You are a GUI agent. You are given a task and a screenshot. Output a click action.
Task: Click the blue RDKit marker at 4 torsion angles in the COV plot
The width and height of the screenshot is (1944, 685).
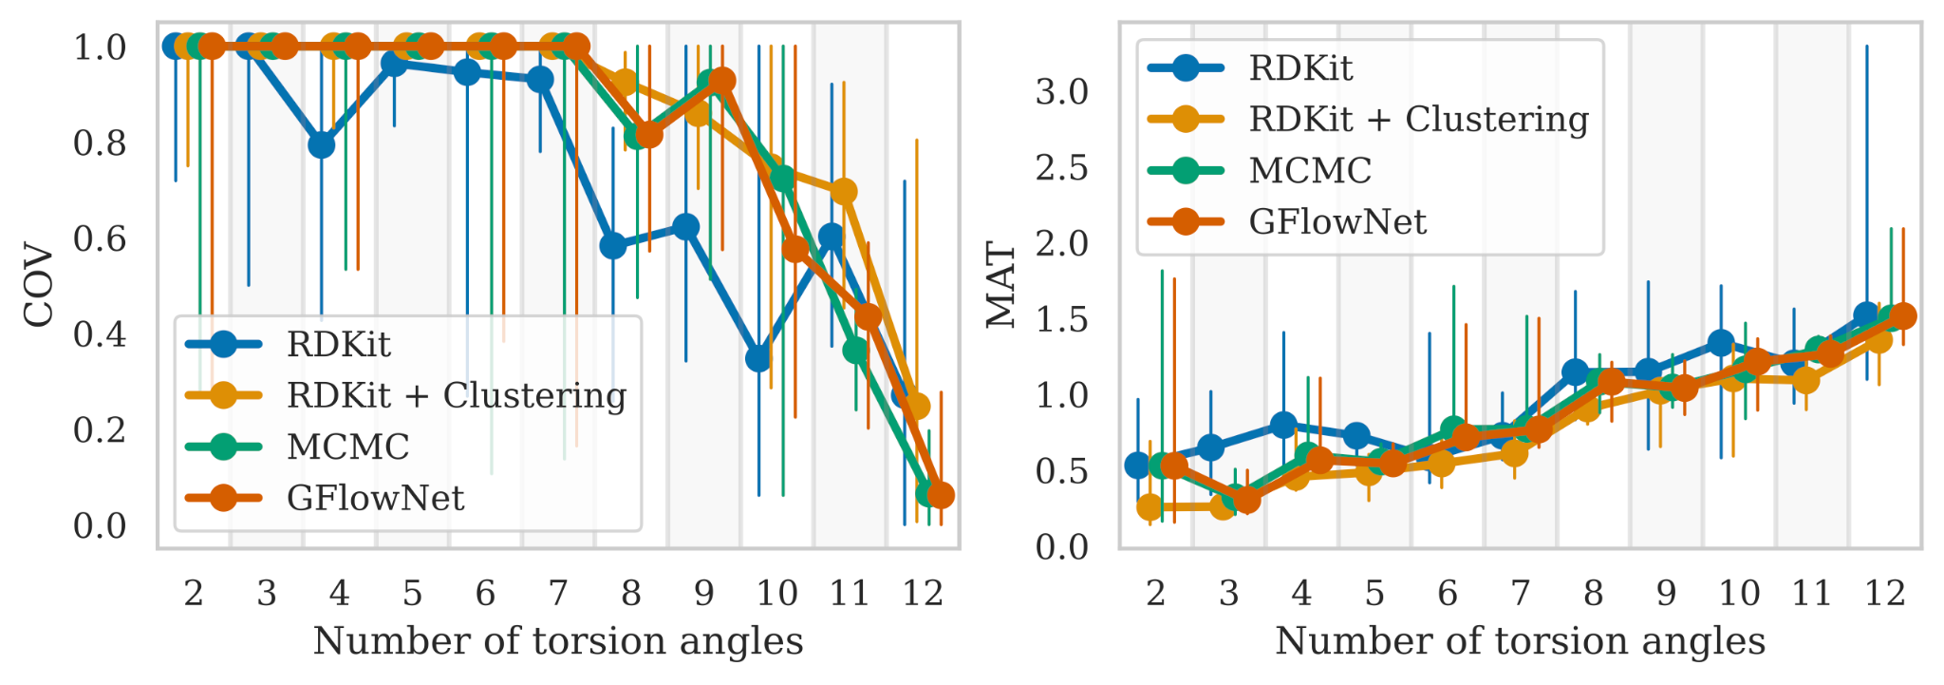click(x=321, y=145)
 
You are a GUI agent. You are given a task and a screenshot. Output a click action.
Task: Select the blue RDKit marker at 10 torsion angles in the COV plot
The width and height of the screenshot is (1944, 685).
click(x=757, y=358)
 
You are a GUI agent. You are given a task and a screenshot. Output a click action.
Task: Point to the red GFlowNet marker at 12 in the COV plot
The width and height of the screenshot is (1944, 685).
click(x=940, y=495)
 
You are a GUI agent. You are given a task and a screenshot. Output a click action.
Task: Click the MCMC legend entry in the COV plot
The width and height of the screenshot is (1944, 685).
click(x=347, y=447)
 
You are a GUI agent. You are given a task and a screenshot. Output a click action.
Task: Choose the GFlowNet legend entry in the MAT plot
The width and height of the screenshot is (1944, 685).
click(x=1336, y=222)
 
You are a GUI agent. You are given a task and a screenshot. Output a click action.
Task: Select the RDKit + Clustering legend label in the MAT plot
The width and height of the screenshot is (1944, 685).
click(x=1418, y=120)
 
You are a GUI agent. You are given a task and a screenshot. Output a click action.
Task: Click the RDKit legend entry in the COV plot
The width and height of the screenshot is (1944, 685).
click(x=338, y=344)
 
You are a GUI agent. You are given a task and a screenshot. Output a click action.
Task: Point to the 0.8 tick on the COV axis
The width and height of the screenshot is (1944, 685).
click(x=100, y=143)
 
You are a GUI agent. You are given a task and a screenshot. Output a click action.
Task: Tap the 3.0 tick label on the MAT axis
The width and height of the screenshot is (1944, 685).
click(x=1061, y=92)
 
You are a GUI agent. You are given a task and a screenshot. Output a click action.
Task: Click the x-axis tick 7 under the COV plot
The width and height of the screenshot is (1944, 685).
click(x=558, y=594)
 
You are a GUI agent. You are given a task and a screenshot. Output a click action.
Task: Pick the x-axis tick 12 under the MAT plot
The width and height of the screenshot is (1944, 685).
click(x=1884, y=594)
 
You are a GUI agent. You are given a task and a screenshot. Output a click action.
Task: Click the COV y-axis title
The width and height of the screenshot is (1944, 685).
click(x=39, y=285)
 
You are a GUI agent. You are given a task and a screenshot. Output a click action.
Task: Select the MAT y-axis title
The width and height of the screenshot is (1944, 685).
click(x=1001, y=285)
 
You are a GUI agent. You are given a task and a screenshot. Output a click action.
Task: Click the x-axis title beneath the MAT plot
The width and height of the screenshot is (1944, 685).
click(x=1520, y=641)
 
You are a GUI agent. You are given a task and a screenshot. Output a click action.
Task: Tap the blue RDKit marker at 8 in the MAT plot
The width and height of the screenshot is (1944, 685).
click(x=1575, y=371)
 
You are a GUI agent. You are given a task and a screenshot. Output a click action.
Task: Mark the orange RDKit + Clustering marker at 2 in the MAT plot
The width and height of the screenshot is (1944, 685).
click(x=1150, y=507)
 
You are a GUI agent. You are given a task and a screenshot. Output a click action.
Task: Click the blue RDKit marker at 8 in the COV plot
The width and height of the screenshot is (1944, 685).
click(x=613, y=246)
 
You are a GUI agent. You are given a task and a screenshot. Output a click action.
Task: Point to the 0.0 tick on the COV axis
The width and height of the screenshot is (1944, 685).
click(x=100, y=525)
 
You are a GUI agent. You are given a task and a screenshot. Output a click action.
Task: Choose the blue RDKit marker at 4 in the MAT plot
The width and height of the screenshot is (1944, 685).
click(x=1283, y=425)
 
